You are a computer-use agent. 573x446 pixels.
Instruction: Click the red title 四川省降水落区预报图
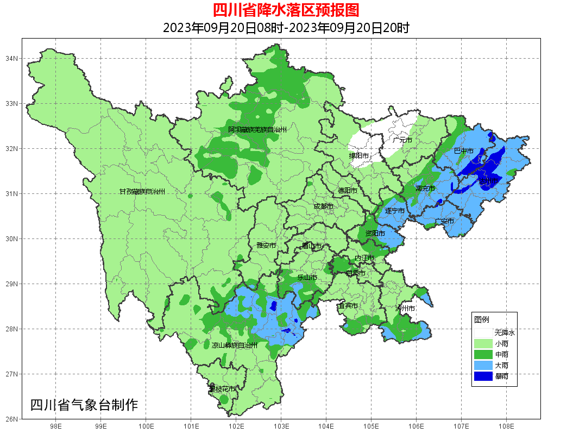(x=286, y=10)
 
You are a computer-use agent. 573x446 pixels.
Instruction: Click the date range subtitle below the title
(x=286, y=28)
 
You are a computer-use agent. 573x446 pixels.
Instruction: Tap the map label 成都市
(x=324, y=206)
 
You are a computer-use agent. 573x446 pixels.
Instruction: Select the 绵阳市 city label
(x=359, y=156)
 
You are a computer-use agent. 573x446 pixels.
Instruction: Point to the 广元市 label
(x=402, y=140)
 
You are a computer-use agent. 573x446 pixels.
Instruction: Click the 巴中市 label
(x=463, y=150)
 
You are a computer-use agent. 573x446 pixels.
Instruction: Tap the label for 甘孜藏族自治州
(x=142, y=192)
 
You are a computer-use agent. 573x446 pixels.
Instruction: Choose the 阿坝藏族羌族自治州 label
(x=257, y=130)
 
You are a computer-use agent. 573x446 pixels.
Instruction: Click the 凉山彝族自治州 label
(x=234, y=345)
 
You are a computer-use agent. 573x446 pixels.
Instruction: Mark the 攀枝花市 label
(x=222, y=389)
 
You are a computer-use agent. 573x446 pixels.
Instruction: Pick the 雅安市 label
(x=266, y=246)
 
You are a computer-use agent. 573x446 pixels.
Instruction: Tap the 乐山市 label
(x=307, y=278)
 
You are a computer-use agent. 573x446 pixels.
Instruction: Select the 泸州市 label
(x=405, y=308)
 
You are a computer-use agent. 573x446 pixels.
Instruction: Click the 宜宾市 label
(x=348, y=306)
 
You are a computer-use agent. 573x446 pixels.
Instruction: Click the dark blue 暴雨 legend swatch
(x=483, y=376)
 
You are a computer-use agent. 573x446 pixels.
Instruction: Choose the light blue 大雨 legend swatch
(x=483, y=365)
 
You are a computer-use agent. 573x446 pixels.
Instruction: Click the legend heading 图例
(x=482, y=319)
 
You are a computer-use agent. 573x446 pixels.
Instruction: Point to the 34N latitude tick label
(x=12, y=58)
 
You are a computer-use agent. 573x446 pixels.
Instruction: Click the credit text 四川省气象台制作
(x=84, y=405)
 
